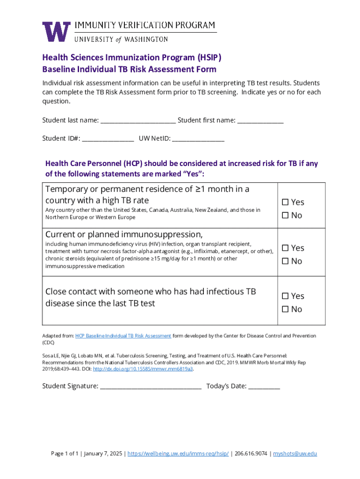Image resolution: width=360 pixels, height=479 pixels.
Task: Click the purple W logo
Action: (x=57, y=32)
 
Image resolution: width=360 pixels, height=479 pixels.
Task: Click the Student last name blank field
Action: (x=138, y=121)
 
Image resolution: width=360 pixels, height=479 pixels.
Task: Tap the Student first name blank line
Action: (x=260, y=121)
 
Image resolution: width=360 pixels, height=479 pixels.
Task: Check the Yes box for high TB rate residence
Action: (x=285, y=203)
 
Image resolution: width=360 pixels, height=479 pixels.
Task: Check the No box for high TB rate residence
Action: (x=285, y=216)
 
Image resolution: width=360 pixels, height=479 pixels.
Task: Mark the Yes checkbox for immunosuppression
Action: (x=285, y=248)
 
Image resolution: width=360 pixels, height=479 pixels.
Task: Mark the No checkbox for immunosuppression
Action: (x=285, y=261)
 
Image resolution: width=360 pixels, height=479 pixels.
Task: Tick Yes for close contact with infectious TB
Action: (x=285, y=296)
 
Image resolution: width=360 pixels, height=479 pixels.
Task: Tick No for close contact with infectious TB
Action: (x=285, y=309)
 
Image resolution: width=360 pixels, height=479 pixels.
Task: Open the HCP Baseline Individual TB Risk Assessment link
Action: (x=123, y=336)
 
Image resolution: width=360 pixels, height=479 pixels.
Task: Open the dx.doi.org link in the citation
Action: (x=143, y=369)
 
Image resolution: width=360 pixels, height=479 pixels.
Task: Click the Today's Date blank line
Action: (x=264, y=386)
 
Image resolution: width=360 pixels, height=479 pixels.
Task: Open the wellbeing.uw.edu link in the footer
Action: (x=178, y=454)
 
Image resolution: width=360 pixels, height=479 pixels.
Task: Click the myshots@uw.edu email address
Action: (x=295, y=454)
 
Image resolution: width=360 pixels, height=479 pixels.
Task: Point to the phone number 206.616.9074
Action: (x=251, y=454)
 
